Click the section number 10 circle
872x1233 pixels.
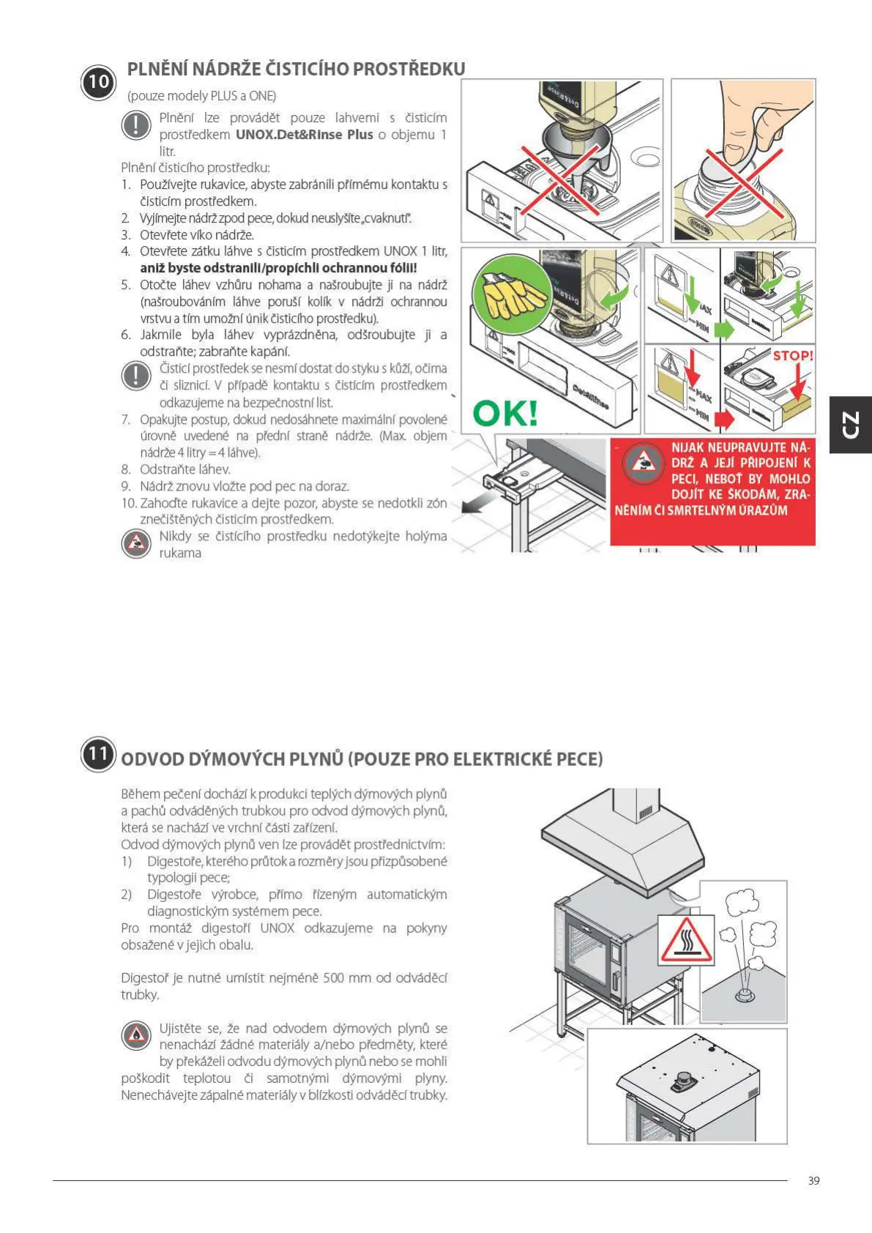(98, 82)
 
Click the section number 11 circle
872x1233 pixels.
(98, 755)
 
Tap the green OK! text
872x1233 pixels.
(505, 413)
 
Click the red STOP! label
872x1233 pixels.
(792, 356)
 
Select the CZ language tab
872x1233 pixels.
(850, 425)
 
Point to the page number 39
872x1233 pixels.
(813, 1180)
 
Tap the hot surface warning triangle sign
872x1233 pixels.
(686, 939)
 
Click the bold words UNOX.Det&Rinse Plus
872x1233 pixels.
(304, 135)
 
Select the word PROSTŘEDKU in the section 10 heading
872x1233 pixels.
(409, 70)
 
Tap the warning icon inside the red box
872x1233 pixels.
(642, 463)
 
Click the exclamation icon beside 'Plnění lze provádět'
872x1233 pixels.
(135, 124)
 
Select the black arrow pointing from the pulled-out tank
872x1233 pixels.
(472, 504)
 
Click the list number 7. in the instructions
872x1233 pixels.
(126, 420)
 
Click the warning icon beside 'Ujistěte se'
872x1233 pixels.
(135, 1036)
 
